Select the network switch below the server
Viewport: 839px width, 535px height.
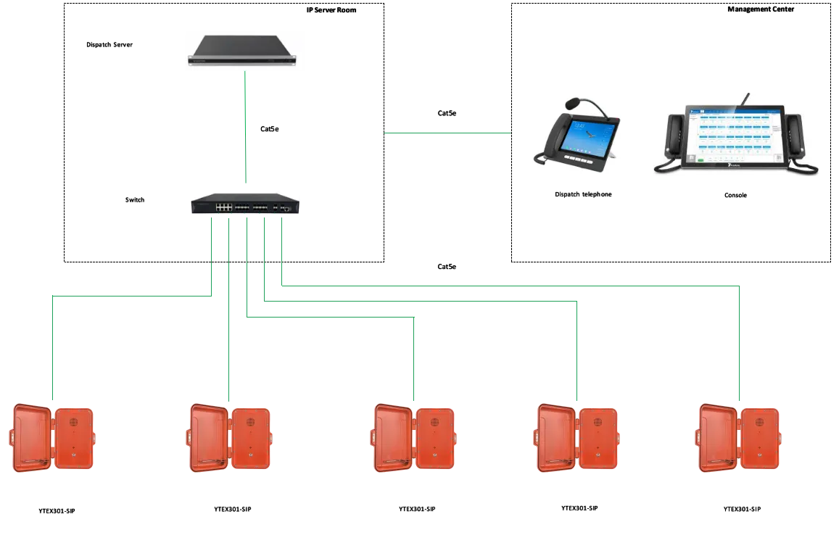tap(244, 202)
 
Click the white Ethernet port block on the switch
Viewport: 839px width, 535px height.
tap(223, 207)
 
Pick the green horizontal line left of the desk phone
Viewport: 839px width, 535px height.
tap(447, 131)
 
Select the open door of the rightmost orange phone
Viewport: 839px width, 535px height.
tap(718, 439)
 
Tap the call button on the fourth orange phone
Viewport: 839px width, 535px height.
tap(598, 455)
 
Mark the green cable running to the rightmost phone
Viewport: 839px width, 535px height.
tap(740, 341)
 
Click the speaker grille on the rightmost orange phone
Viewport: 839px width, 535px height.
tap(759, 421)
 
